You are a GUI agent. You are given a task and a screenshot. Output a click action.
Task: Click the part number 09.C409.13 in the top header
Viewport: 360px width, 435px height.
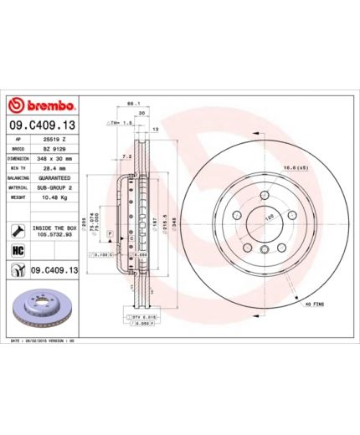(43, 125)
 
